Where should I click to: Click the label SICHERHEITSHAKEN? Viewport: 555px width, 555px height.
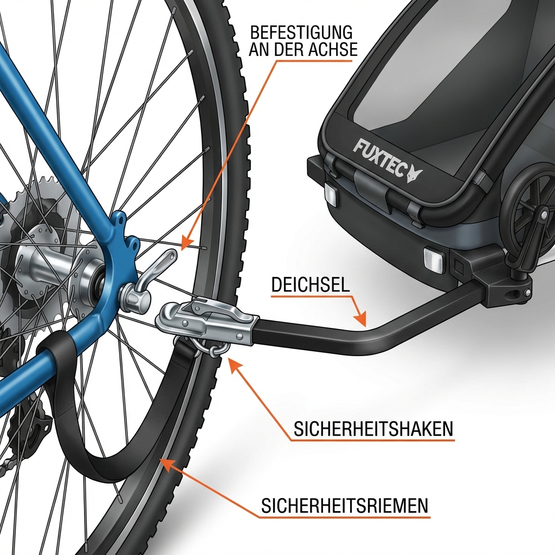pyautogui.click(x=373, y=429)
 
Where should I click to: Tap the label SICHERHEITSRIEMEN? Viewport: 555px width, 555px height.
pyautogui.click(x=345, y=506)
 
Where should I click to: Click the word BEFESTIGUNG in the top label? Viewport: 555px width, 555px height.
pyautogui.click(x=301, y=32)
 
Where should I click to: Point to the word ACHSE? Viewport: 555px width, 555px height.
pyautogui.click(x=333, y=49)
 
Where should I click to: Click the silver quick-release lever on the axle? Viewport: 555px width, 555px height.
pyautogui.click(x=149, y=280)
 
